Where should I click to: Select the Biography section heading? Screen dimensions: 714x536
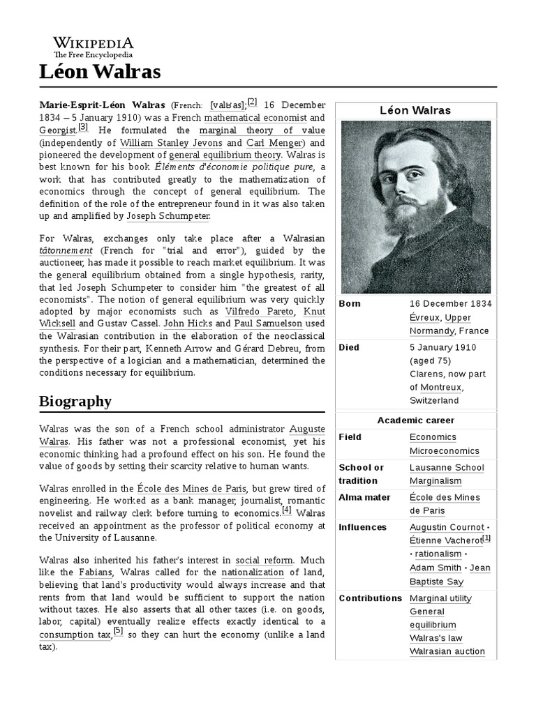click(75, 401)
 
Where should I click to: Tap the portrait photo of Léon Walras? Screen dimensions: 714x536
click(415, 207)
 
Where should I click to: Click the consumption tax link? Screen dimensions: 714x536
click(75, 635)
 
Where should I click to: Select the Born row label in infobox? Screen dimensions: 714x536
click(350, 303)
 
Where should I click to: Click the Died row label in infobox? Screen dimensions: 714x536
click(349, 347)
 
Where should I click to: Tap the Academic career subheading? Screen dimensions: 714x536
click(415, 420)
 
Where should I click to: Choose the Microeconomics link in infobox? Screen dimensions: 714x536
click(444, 451)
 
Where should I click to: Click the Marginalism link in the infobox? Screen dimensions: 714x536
click(435, 480)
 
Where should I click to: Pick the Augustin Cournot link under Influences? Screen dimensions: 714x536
click(446, 527)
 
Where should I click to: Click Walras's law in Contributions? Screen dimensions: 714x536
click(435, 638)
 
